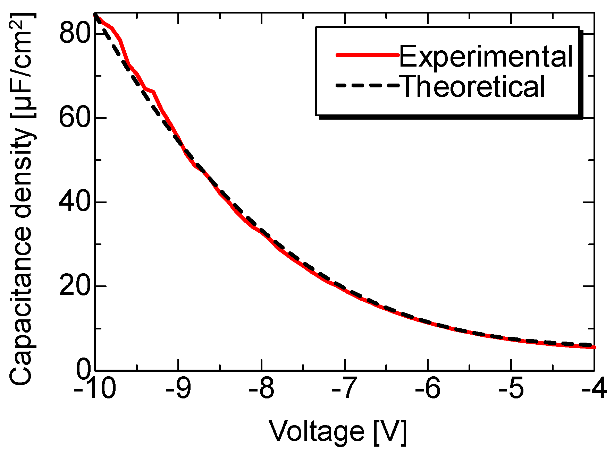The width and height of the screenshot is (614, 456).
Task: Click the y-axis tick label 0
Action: point(84,370)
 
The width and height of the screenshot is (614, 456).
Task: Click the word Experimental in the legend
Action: point(486,57)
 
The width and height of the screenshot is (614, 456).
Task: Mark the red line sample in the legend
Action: point(367,55)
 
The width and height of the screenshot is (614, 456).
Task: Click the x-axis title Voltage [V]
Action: point(337,432)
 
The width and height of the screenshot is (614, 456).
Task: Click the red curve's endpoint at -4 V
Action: point(594,347)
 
